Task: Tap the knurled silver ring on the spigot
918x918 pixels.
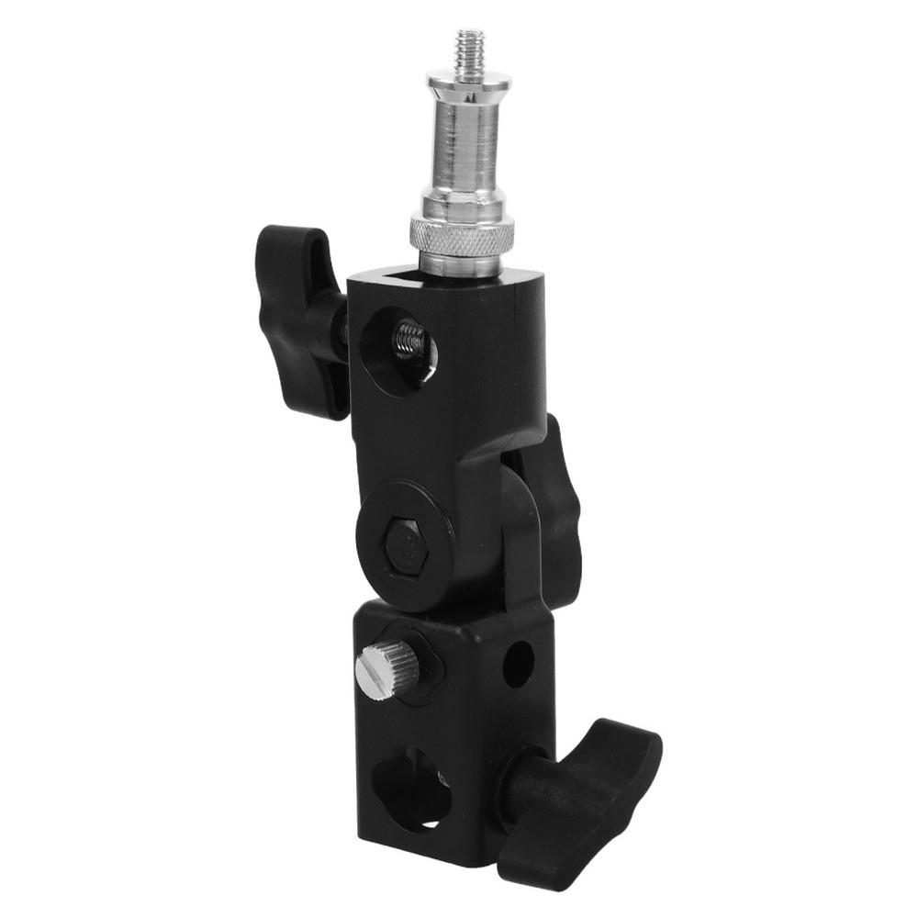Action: click(x=461, y=237)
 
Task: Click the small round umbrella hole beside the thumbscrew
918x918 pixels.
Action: click(x=518, y=664)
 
